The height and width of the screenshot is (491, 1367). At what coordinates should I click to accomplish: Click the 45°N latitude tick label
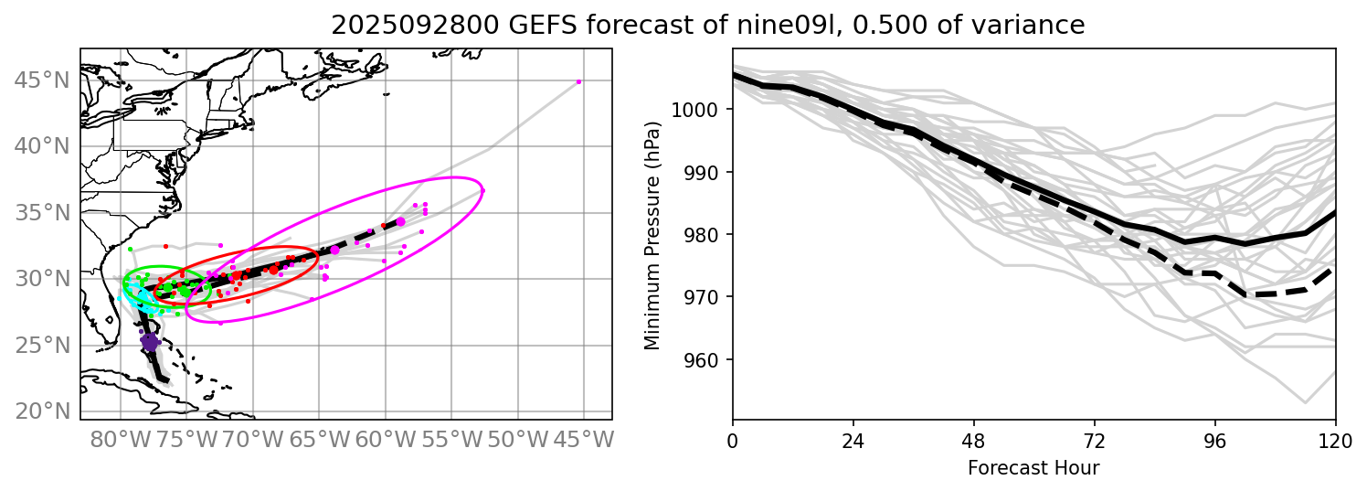[x=41, y=80]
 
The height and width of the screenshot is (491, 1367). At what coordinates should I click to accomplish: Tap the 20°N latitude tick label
[x=41, y=411]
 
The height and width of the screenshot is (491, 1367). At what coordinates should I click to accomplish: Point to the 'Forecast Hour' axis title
[x=1033, y=468]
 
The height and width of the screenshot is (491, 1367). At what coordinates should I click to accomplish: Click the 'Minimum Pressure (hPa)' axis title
[x=652, y=234]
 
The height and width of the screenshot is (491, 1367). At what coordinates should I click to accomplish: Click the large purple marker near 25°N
[x=149, y=341]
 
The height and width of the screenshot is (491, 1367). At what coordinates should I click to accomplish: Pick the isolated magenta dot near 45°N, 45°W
[x=578, y=81]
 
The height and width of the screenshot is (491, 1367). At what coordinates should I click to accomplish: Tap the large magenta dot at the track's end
[x=400, y=222]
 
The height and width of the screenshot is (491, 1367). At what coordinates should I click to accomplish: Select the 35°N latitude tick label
[x=41, y=213]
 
